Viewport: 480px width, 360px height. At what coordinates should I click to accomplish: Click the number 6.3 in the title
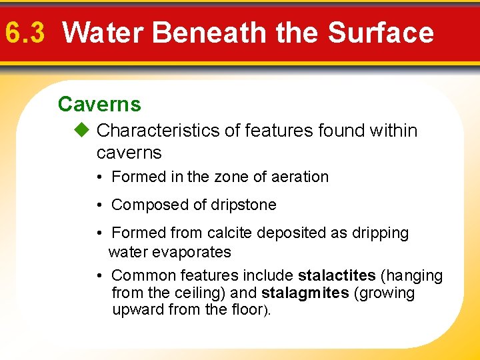[x=24, y=32]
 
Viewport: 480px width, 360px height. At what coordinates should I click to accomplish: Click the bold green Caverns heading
[x=99, y=104]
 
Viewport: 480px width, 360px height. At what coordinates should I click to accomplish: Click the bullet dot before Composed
[x=98, y=205]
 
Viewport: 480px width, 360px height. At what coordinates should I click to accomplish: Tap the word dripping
[x=381, y=233]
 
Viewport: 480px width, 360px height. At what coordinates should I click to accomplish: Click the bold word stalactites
[x=337, y=275]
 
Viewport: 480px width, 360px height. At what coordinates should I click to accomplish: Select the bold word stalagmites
[x=305, y=293]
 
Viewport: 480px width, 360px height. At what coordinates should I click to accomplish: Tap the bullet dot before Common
[x=98, y=275]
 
